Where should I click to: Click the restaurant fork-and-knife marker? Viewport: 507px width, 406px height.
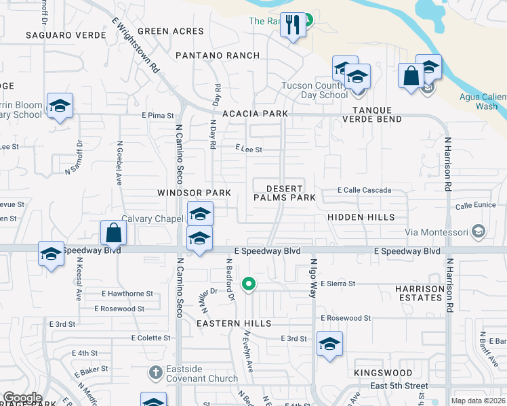pyautogui.click(x=293, y=26)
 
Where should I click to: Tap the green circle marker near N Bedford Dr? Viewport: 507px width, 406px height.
pyautogui.click(x=249, y=284)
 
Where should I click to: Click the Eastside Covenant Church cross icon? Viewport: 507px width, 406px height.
pyautogui.click(x=155, y=372)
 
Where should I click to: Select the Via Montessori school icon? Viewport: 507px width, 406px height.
pyautogui.click(x=479, y=232)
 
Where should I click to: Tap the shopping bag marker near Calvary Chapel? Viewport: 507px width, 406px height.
pyautogui.click(x=114, y=233)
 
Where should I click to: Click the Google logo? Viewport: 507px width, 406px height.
pyautogui.click(x=22, y=398)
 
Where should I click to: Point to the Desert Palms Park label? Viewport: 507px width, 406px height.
pyautogui.click(x=285, y=193)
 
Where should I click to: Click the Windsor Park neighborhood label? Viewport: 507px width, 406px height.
pyautogui.click(x=195, y=193)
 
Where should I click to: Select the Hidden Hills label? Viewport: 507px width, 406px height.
pyautogui.click(x=361, y=217)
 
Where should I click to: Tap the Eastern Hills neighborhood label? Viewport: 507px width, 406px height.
pyautogui.click(x=234, y=324)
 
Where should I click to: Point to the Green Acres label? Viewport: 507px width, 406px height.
pyautogui.click(x=170, y=31)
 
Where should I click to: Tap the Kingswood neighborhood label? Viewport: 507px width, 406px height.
pyautogui.click(x=383, y=373)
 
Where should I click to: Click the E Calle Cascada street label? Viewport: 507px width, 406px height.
pyautogui.click(x=364, y=190)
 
